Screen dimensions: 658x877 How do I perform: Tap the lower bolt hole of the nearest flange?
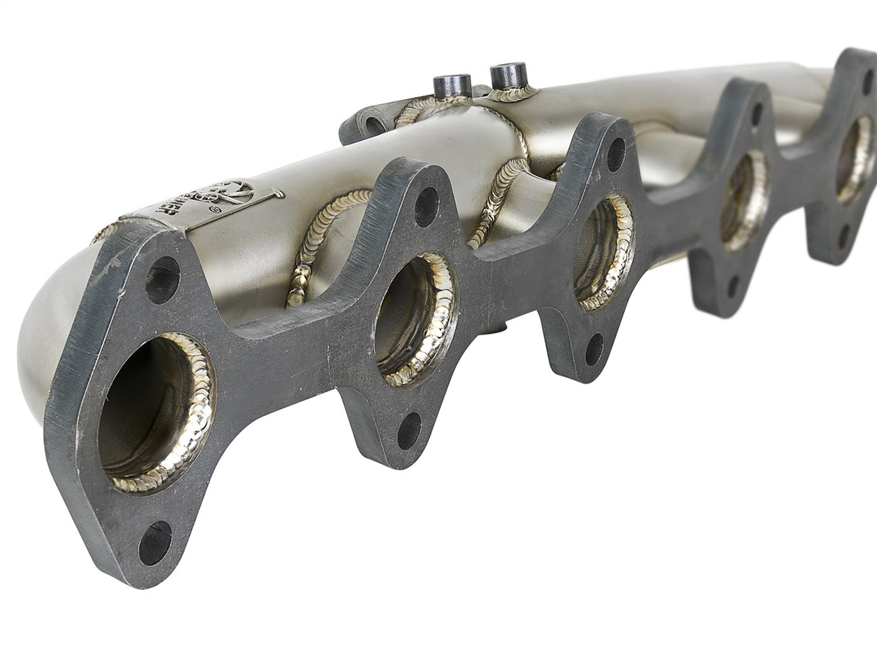tap(155, 543)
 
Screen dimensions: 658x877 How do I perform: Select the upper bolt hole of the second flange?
tap(426, 207)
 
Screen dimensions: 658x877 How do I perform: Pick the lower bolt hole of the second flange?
tap(409, 430)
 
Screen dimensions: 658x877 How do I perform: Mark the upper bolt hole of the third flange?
tap(616, 154)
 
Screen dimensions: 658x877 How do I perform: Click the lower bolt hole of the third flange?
tap(594, 349)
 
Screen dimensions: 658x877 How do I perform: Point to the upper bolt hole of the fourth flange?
tap(756, 114)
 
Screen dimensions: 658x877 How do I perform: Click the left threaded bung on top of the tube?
tap(452, 87)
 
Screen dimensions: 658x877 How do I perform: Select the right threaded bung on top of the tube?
tap(509, 76)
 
